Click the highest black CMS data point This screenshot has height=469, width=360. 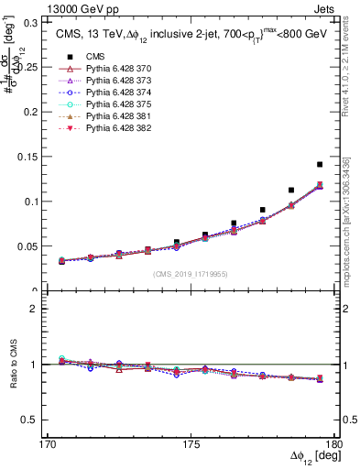click(320, 164)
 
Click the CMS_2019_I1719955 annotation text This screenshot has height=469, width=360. click(191, 274)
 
